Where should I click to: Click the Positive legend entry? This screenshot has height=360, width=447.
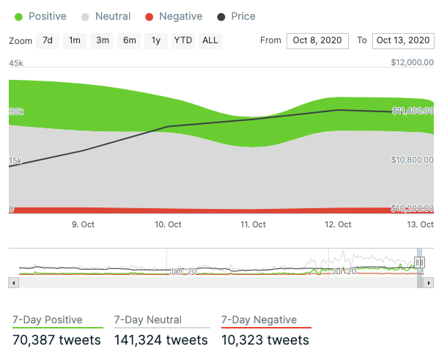[x=41, y=16]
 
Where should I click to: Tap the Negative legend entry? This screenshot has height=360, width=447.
[x=174, y=16]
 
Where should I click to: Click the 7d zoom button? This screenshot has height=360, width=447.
[x=48, y=40]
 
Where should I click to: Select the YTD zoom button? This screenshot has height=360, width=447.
[x=182, y=40]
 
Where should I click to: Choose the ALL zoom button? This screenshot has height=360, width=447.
[x=210, y=40]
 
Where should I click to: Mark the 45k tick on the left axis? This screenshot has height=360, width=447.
[x=16, y=64]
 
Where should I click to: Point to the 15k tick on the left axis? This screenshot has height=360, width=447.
[x=16, y=161]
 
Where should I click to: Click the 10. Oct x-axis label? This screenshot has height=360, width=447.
[x=169, y=224]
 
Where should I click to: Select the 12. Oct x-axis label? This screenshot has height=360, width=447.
[x=339, y=224]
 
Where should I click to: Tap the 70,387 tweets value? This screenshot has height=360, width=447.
[x=57, y=339]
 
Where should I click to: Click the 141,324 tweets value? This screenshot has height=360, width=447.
[x=161, y=339]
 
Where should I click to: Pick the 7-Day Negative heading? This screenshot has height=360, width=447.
[x=259, y=320]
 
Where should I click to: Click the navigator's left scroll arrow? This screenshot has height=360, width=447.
[x=12, y=282]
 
